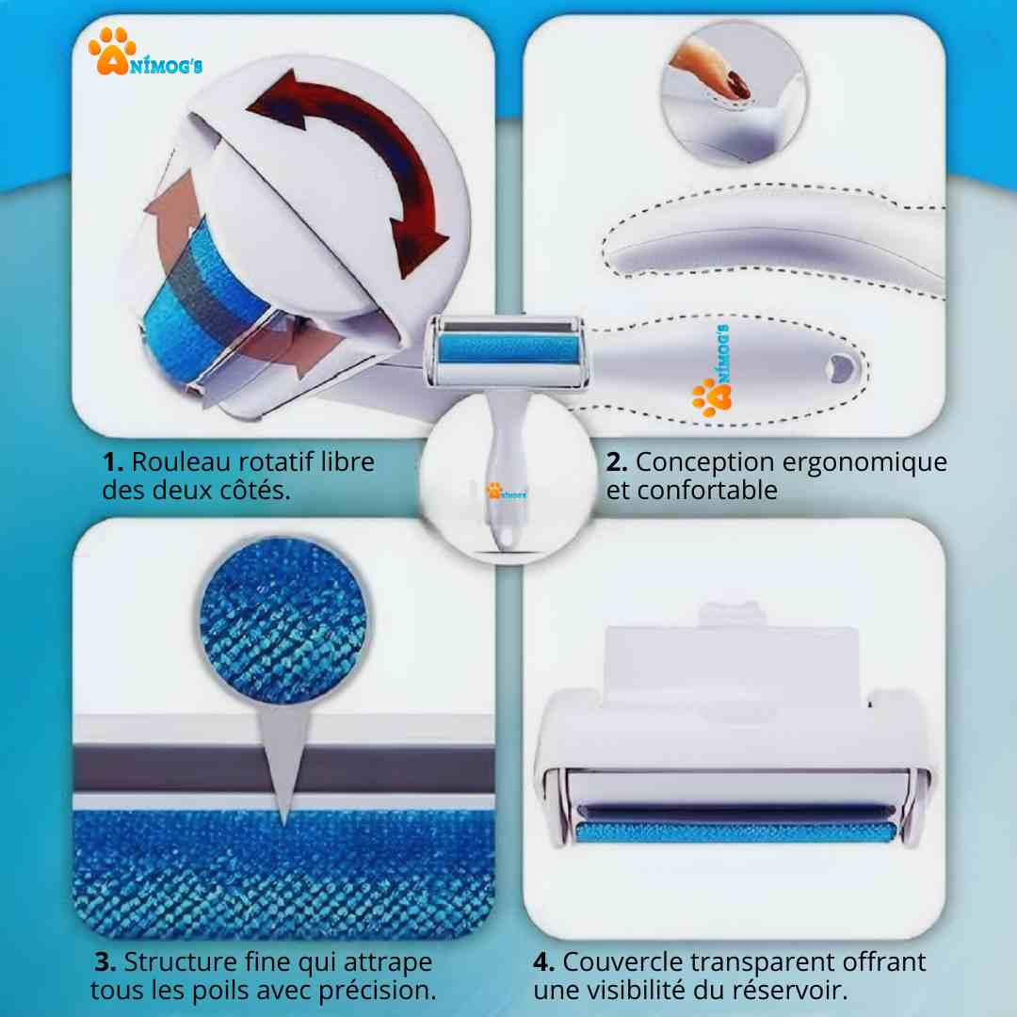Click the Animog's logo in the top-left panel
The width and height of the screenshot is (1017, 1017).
point(145,51)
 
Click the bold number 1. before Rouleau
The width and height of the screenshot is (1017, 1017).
point(113,462)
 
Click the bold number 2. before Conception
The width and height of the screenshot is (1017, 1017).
point(617,462)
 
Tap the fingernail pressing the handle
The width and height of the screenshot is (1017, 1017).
point(737,85)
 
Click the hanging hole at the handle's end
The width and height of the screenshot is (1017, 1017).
point(842,369)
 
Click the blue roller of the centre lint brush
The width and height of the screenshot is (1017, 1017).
point(508,350)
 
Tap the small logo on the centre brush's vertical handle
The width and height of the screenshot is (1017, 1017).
point(506,492)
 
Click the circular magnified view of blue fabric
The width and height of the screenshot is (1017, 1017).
point(283,621)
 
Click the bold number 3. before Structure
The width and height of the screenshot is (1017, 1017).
point(105,961)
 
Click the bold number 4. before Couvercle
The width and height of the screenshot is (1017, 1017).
point(543,961)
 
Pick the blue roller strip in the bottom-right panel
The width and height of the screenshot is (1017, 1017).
point(734,832)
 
